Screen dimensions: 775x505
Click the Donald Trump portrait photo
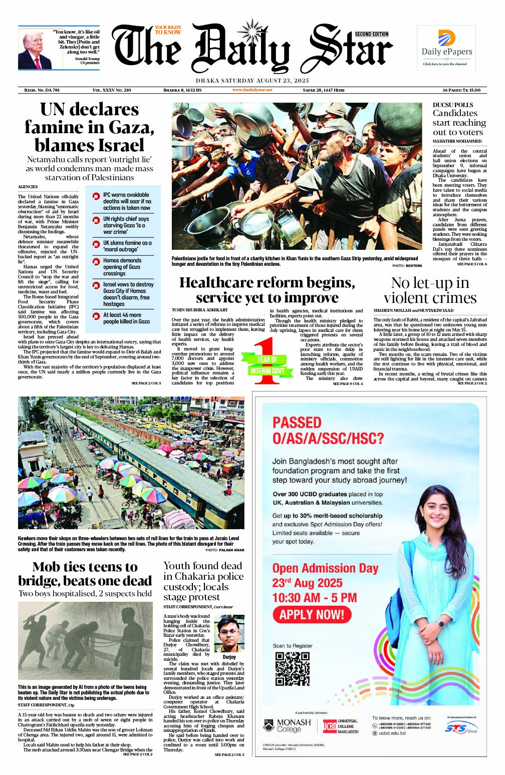tap(35, 49)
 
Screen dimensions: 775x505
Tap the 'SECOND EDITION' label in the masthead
tap(372, 35)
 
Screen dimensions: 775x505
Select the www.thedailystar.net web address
tap(252, 90)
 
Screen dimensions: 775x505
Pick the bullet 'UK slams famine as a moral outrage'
tap(127, 246)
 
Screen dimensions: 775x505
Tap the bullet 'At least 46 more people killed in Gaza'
tap(126, 318)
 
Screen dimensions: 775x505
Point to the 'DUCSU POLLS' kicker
tap(453, 105)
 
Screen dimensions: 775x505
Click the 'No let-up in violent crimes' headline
tap(430, 290)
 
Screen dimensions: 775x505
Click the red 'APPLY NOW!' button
tap(312, 615)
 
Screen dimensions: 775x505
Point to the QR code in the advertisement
tap(293, 669)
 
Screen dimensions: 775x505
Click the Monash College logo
tap(287, 725)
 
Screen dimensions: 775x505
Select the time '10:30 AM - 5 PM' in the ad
tap(315, 598)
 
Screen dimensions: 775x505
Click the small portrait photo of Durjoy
tap(229, 633)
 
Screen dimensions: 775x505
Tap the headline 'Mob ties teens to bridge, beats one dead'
tap(85, 574)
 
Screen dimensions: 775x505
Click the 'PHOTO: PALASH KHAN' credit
tap(224, 550)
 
